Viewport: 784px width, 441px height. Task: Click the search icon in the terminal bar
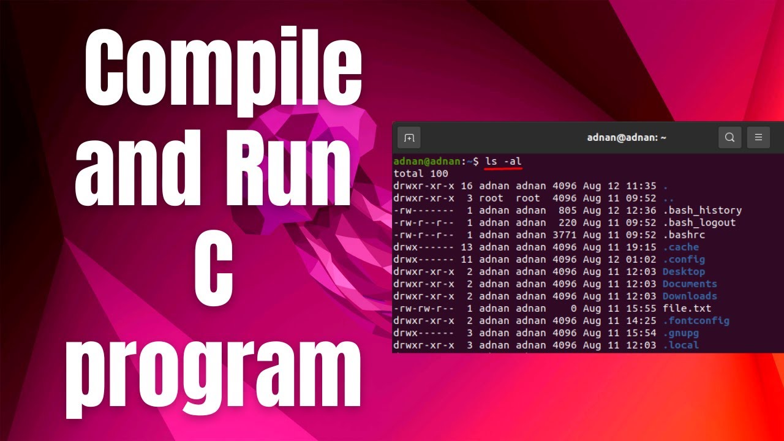pyautogui.click(x=729, y=138)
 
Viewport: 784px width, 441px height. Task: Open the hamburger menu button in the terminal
pyautogui.click(x=758, y=138)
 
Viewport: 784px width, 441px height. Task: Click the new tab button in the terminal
pyautogui.click(x=409, y=138)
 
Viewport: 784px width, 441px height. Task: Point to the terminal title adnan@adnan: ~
pyautogui.click(x=627, y=138)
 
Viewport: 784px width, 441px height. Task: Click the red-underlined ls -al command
pyautogui.click(x=503, y=161)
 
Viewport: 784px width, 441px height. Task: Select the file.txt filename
pyautogui.click(x=687, y=308)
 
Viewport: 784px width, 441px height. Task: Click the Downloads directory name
pyautogui.click(x=689, y=296)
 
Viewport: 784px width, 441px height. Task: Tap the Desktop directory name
pyautogui.click(x=684, y=271)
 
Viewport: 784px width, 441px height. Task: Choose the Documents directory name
pyautogui.click(x=689, y=284)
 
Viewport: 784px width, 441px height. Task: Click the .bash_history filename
pyautogui.click(x=702, y=210)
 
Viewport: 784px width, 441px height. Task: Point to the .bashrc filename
pyautogui.click(x=684, y=235)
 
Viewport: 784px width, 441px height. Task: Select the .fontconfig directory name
pyautogui.click(x=696, y=320)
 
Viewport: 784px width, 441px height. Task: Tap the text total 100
pyautogui.click(x=421, y=173)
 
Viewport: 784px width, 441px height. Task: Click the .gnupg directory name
pyautogui.click(x=680, y=333)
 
